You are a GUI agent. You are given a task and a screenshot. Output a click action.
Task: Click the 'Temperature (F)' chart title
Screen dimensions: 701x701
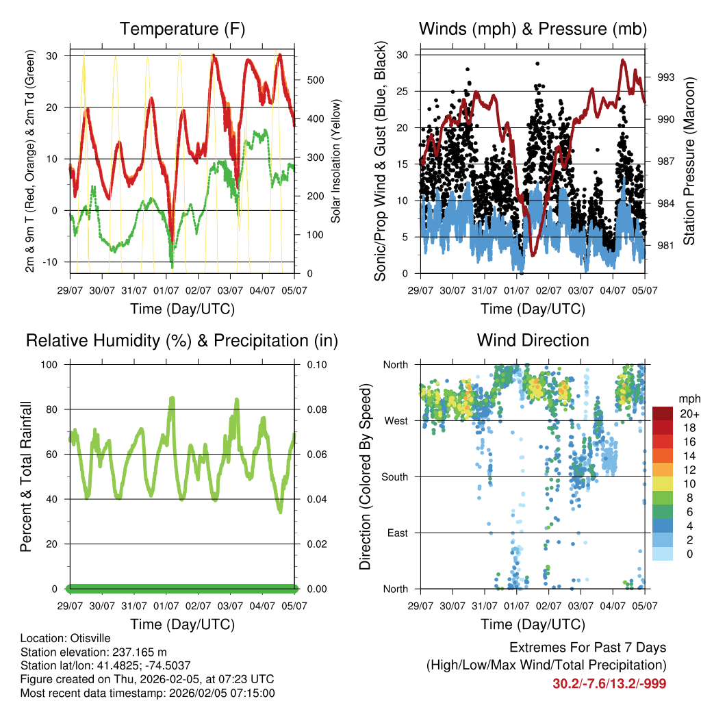(x=182, y=29)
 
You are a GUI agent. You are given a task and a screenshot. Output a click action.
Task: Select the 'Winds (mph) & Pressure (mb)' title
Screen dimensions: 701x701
(x=533, y=29)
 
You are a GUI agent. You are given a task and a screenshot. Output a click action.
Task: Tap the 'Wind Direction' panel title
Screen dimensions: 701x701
(x=533, y=340)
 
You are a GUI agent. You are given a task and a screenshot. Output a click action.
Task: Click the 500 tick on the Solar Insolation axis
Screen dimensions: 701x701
(x=316, y=80)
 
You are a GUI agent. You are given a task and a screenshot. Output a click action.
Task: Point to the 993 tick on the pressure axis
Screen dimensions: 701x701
(x=666, y=77)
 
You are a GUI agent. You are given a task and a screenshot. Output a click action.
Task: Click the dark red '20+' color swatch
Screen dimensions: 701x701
(x=662, y=413)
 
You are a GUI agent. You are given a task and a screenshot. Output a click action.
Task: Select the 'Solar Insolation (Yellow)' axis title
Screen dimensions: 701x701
(x=336, y=162)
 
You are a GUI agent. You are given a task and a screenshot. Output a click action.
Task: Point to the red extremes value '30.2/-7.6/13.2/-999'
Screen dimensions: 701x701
(x=609, y=683)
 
